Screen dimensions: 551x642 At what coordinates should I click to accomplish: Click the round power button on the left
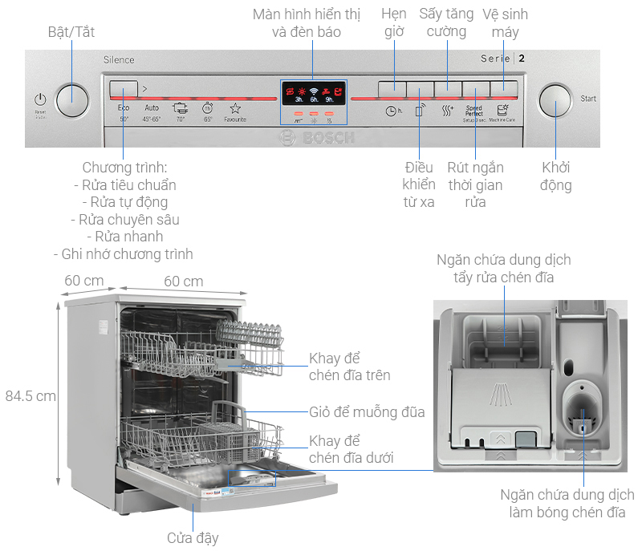[x=73, y=99]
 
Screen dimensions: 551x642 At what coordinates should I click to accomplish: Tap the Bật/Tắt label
[x=71, y=32]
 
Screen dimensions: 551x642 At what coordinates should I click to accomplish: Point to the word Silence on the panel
[x=119, y=60]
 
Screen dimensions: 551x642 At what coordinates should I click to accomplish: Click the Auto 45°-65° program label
[x=152, y=112]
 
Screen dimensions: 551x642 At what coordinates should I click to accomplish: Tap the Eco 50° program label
[x=124, y=112]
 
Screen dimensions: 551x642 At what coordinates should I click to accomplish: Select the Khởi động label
[x=556, y=177]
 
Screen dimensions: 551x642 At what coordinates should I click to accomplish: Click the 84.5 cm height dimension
[x=30, y=395]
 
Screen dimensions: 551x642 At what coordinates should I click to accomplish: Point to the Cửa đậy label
[x=193, y=537]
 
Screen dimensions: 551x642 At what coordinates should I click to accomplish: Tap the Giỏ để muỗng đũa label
[x=367, y=412]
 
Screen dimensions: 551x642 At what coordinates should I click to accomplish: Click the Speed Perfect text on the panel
[x=474, y=111]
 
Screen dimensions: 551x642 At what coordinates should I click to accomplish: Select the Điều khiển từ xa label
[x=419, y=184]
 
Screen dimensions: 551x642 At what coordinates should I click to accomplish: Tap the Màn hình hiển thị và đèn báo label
[x=307, y=23]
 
